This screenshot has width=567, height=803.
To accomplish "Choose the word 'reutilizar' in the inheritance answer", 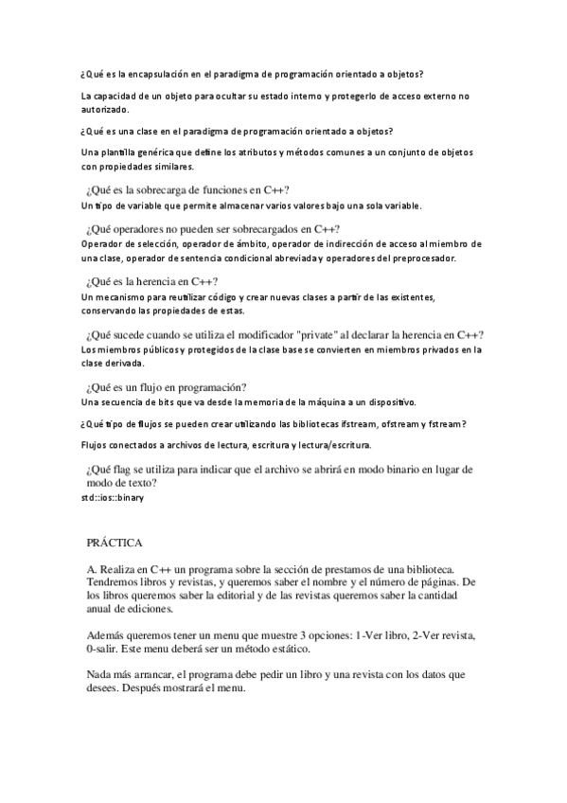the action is click(x=199, y=296).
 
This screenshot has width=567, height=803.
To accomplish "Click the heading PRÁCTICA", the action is click(x=115, y=543).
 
